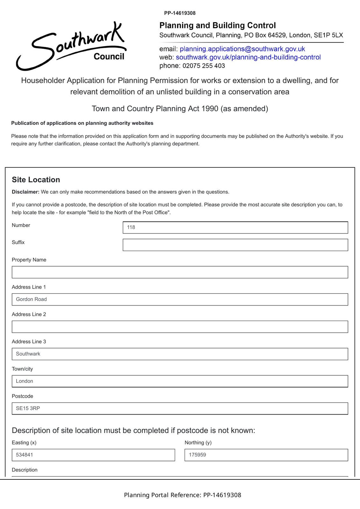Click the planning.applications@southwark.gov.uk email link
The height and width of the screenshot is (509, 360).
[x=242, y=49]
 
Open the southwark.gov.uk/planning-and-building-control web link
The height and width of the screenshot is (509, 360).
[x=248, y=57]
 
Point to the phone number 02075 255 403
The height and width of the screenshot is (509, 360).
[x=204, y=66]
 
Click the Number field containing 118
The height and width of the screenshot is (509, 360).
[x=235, y=227]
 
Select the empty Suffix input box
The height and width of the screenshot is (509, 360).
[x=235, y=245]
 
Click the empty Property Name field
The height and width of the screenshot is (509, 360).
[x=180, y=272]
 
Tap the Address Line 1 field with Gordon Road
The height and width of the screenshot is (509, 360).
[x=180, y=299]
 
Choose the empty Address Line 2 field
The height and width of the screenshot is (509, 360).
[x=180, y=327]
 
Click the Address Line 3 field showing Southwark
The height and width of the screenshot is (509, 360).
[x=180, y=354]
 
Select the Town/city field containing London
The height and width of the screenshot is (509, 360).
[x=180, y=381]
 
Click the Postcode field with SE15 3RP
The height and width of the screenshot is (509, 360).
[x=180, y=408]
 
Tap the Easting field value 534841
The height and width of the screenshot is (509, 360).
[x=93, y=455]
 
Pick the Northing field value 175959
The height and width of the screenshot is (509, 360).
[x=266, y=455]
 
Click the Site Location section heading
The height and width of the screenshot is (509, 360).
[x=36, y=180]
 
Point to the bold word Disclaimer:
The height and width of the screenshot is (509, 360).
[x=25, y=192]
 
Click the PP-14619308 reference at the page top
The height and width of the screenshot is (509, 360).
[x=180, y=13]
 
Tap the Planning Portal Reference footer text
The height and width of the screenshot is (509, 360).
[x=182, y=495]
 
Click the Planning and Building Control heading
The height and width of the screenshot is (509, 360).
[x=217, y=25]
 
